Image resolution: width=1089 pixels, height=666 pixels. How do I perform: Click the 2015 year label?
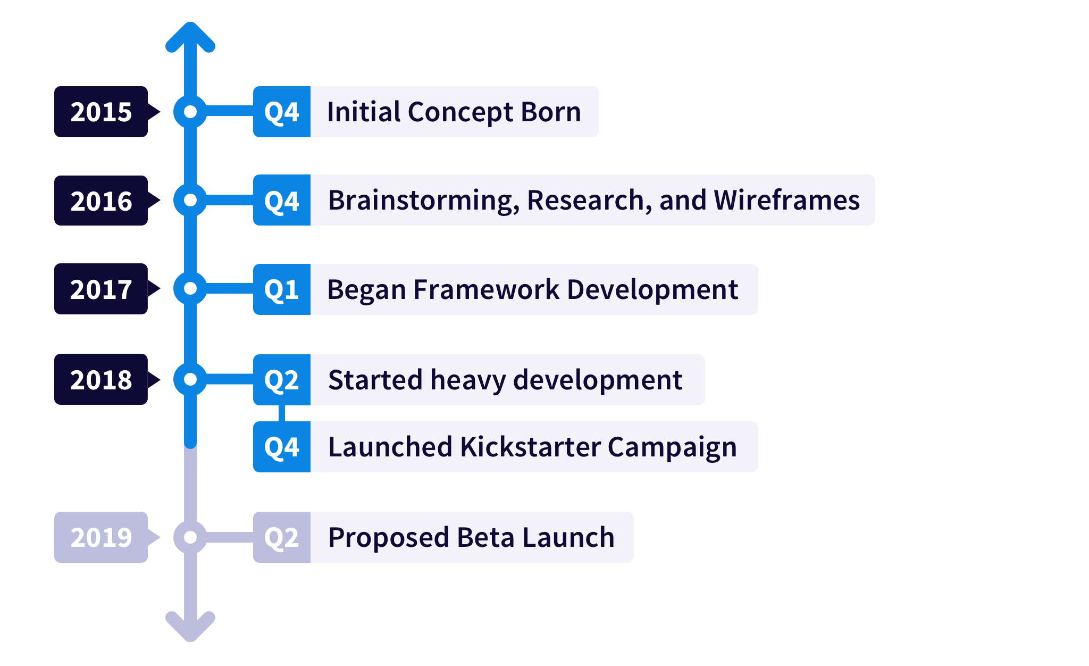(101, 112)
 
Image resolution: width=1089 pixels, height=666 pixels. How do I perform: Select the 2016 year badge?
(101, 201)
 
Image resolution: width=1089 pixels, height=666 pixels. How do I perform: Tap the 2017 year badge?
(101, 289)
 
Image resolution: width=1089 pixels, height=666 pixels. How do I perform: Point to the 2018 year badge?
(101, 379)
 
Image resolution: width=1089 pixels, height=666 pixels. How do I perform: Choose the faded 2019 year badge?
(101, 537)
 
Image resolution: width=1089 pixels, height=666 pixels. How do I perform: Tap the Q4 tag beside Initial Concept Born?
(282, 112)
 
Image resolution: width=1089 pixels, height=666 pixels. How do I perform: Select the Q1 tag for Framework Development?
(282, 289)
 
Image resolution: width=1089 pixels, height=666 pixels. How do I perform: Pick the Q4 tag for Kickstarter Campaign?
(282, 447)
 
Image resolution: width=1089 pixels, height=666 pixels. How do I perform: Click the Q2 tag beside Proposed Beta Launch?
(282, 537)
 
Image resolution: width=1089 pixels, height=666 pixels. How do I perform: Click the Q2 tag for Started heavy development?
(282, 380)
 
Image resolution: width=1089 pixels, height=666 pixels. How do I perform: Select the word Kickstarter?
(531, 447)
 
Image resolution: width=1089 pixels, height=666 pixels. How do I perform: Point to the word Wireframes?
(786, 200)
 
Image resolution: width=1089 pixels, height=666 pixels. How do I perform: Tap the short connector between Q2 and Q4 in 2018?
(282, 413)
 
